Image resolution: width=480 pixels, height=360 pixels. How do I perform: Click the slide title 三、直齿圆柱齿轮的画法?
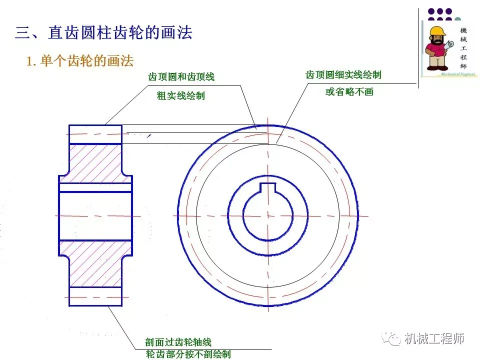point(103,33)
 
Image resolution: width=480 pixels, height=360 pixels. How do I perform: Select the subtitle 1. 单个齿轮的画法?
point(80,61)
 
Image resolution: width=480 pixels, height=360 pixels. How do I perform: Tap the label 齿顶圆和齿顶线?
point(181,77)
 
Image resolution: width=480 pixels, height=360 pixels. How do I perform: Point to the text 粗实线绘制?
point(181,96)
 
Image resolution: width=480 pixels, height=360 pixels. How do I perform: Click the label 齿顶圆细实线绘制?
point(343,75)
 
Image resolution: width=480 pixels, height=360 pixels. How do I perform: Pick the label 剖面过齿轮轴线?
point(178,342)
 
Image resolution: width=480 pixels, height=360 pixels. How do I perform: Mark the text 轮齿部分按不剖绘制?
point(188,354)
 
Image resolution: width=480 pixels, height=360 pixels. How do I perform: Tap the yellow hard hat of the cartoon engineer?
point(437,31)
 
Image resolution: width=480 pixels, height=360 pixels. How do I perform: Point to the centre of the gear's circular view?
point(267,215)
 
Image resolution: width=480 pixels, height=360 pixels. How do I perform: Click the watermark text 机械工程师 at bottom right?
point(434,339)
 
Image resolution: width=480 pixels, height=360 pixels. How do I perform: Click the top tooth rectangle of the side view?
point(95,134)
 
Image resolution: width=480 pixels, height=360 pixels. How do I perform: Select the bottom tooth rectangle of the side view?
point(95,296)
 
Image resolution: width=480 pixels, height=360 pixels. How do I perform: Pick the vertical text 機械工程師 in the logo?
point(463,48)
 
